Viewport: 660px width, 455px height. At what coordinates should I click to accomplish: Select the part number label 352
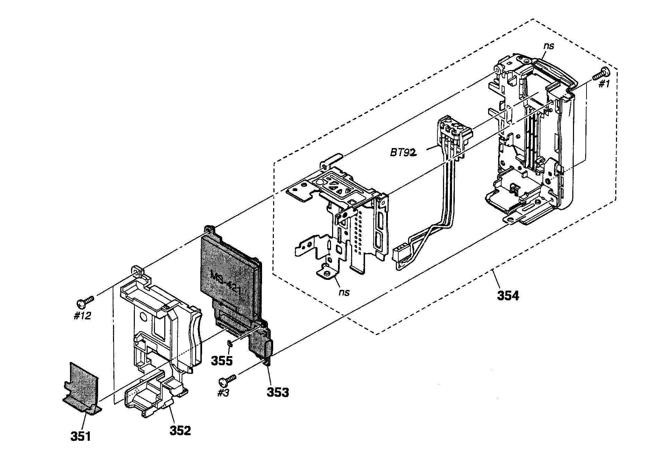click(180, 430)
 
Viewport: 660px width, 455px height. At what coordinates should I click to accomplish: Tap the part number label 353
click(278, 392)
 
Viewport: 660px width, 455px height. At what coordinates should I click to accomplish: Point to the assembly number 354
click(508, 296)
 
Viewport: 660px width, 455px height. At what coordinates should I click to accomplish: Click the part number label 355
click(222, 361)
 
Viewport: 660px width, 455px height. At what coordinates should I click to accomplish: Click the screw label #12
click(82, 316)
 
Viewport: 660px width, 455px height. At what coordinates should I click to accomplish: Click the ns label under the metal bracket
click(344, 292)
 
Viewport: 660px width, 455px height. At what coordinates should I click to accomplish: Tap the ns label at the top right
click(549, 45)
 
